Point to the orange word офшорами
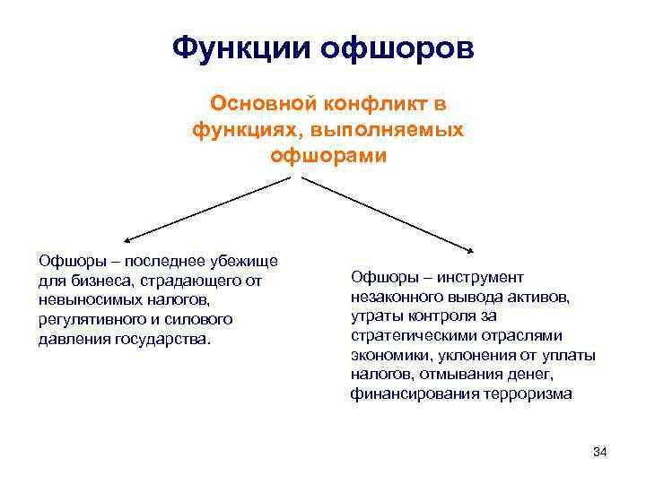point(328,156)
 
